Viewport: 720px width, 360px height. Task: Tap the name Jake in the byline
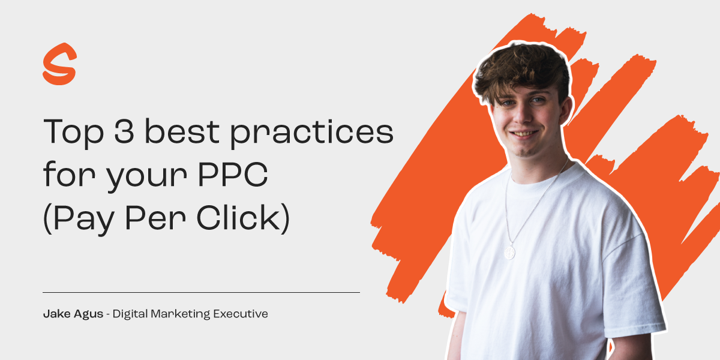point(55,313)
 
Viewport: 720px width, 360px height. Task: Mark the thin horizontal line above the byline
point(201,292)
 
